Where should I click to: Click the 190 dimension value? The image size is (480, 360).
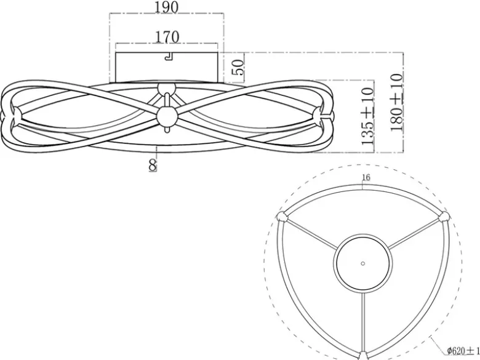(166, 7)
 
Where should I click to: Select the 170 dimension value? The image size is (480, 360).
(167, 37)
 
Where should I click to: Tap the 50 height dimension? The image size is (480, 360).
(238, 67)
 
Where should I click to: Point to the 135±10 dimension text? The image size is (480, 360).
(367, 116)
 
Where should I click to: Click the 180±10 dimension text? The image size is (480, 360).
(397, 102)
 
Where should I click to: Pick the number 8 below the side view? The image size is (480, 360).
(153, 166)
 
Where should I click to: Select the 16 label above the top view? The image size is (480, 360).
(366, 177)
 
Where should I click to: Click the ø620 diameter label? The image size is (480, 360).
(463, 351)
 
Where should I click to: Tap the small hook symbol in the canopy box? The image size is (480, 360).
(169, 56)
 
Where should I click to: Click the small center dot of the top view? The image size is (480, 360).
(362, 263)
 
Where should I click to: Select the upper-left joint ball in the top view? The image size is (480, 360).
(282, 217)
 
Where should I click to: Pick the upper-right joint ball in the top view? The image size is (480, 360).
(444, 218)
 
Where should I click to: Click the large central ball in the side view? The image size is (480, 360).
(167, 117)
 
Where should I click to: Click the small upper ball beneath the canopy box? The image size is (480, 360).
(167, 89)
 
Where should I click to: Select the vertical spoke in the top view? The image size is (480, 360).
(362, 321)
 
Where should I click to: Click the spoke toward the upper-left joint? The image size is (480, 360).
(311, 234)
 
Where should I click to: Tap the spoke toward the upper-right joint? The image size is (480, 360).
(414, 234)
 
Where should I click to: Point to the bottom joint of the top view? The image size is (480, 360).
(362, 356)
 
